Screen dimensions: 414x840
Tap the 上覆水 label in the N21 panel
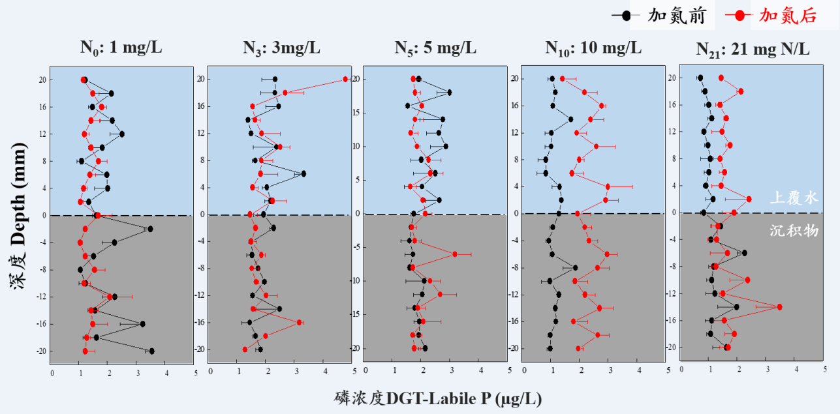(x=794, y=198)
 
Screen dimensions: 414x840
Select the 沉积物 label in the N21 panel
(x=794, y=230)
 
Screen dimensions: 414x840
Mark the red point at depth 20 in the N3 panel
(x=346, y=80)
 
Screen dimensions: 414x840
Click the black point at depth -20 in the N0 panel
(x=151, y=351)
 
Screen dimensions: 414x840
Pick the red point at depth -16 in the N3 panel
(x=300, y=322)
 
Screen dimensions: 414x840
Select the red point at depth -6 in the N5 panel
(x=455, y=254)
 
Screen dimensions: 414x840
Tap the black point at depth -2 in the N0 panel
(x=150, y=229)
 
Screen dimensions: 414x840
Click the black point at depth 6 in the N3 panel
(x=303, y=173)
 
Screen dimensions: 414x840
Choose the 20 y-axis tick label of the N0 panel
(x=40, y=80)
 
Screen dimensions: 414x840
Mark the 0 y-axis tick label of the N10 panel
(x=515, y=213)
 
